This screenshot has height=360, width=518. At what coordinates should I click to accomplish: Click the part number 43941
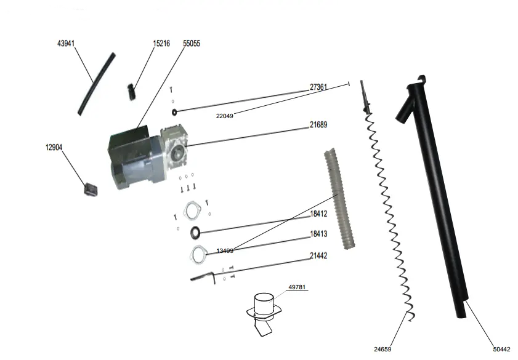(x=66, y=44)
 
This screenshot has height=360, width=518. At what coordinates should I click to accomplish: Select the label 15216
(x=161, y=44)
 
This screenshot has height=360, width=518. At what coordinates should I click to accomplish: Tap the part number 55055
(x=192, y=44)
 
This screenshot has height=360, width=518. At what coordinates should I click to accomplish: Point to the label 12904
(x=54, y=147)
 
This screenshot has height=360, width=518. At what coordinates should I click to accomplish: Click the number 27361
(x=318, y=87)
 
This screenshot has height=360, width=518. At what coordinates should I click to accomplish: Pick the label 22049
(x=225, y=116)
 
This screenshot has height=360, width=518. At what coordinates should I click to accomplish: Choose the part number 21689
(x=318, y=125)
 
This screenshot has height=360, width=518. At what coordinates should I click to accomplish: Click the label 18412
(x=318, y=214)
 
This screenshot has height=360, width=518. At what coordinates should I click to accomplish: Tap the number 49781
(x=297, y=287)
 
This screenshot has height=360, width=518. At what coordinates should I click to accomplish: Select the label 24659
(x=382, y=349)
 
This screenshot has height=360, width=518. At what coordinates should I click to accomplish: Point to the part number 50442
(x=501, y=349)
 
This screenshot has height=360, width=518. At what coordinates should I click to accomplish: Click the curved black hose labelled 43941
(x=96, y=84)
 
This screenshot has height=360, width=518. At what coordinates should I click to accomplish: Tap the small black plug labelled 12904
(x=91, y=189)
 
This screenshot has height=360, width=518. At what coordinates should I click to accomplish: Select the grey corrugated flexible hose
(x=339, y=199)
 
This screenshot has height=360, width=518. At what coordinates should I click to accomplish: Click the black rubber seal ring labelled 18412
(x=196, y=232)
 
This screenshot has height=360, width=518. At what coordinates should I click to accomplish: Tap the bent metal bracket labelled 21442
(x=203, y=277)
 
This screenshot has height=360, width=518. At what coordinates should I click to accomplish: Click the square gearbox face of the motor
(x=175, y=150)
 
